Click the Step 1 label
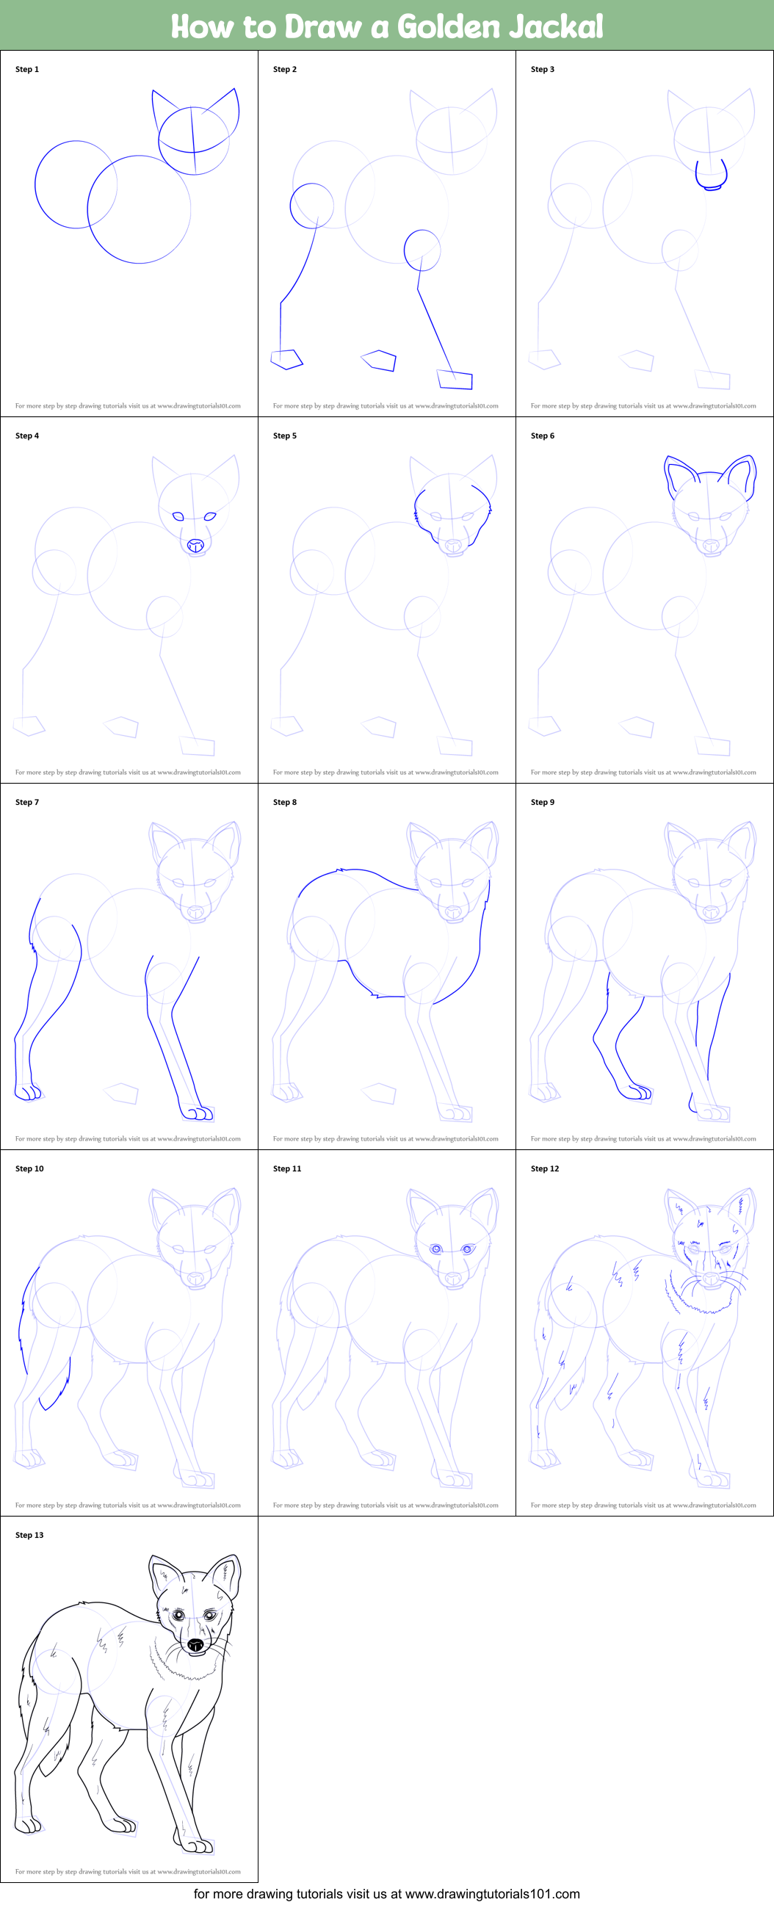coord(27,70)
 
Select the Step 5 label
coord(285,435)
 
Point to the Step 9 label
coord(543,803)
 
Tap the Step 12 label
coord(545,1168)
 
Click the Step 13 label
coord(29,1536)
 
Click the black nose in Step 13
coord(196,1645)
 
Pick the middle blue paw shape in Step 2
coord(378,360)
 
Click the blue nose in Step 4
coord(195,546)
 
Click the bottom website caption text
coord(386,1894)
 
